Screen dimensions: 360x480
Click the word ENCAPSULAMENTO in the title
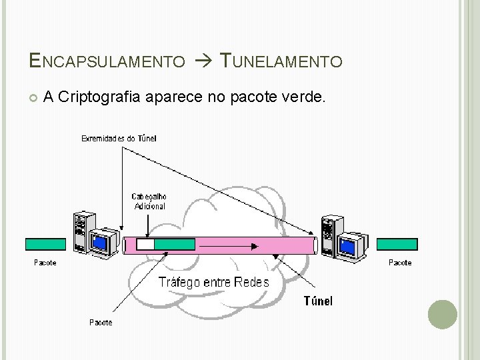pos(107,62)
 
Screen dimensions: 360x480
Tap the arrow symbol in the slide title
pos(201,62)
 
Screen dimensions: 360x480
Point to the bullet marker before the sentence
pos(33,99)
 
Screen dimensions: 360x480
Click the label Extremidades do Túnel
pos(119,139)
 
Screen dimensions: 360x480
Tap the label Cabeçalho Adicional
pos(149,201)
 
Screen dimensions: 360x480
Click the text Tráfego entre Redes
pos(213,282)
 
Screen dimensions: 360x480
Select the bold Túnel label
pos(318,301)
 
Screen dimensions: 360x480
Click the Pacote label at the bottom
pos(101,323)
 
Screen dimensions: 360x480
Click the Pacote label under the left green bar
pos(45,263)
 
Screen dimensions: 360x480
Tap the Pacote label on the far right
pos(400,263)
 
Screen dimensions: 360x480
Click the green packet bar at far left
pos(45,244)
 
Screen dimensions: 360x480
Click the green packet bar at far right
pos(397,244)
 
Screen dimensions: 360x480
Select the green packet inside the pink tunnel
pos(175,245)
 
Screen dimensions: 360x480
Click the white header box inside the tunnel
pos(145,245)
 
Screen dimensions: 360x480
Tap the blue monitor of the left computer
pos(100,243)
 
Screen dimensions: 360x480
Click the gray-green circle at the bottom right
pos(442,314)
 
